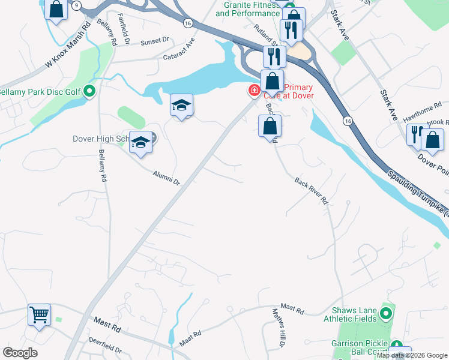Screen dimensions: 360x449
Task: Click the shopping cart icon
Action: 40,314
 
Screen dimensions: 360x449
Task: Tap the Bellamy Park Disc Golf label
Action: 40,92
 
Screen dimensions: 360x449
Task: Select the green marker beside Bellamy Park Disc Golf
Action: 89,92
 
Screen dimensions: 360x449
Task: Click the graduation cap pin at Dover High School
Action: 141,143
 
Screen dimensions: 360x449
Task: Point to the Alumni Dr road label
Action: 166,177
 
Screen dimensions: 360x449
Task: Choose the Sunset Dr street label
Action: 155,41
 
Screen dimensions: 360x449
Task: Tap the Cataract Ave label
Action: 179,51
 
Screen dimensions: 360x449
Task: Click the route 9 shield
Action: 76,5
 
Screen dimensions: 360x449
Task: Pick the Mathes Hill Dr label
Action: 277,328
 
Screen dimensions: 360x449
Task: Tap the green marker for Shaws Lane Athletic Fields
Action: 386,313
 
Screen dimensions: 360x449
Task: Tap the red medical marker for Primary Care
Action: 254,91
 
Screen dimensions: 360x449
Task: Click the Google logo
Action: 20,352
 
